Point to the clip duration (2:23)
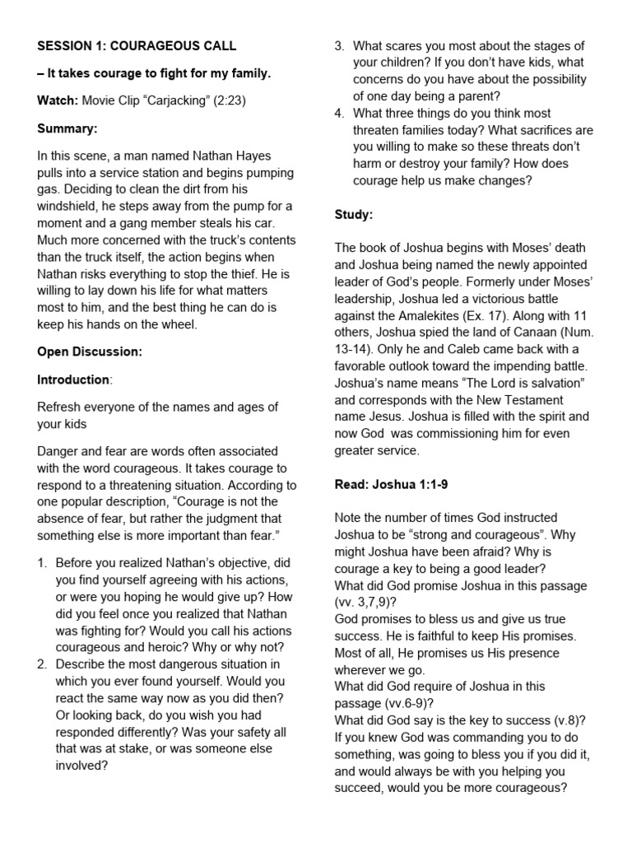[227, 101]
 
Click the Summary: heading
[68, 128]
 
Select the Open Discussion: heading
[90, 352]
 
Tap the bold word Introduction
[73, 380]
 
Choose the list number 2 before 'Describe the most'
[43, 664]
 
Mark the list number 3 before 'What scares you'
[339, 45]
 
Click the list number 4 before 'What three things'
[339, 113]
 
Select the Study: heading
[354, 215]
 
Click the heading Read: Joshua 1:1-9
[391, 484]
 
